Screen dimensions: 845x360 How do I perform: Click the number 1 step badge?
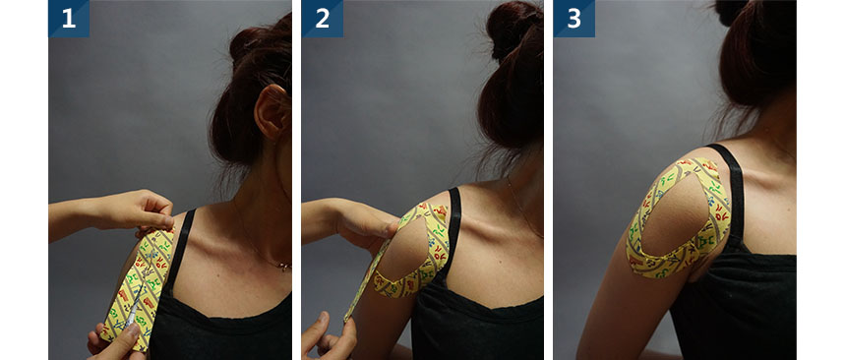(69, 19)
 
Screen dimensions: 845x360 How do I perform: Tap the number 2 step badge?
(323, 19)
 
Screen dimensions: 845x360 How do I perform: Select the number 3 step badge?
(574, 19)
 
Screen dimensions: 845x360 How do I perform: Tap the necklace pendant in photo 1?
(282, 266)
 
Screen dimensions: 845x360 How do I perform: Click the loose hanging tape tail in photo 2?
(367, 280)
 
